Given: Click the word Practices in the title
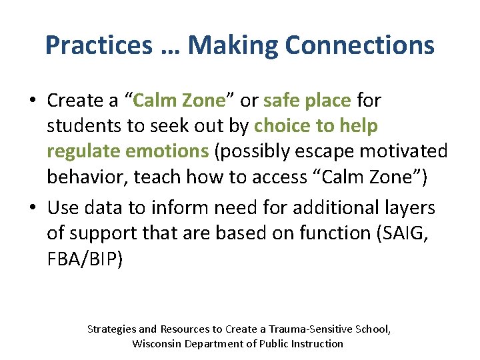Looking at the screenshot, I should (99, 45).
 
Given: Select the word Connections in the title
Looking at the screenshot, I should (359, 45).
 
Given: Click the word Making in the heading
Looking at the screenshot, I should (233, 45).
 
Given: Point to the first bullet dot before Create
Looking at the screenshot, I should (32, 101).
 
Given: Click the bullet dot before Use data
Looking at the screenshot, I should (32, 209).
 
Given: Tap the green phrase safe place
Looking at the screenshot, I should (307, 100).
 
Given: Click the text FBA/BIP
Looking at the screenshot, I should (85, 259).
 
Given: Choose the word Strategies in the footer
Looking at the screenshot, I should (112, 329).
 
